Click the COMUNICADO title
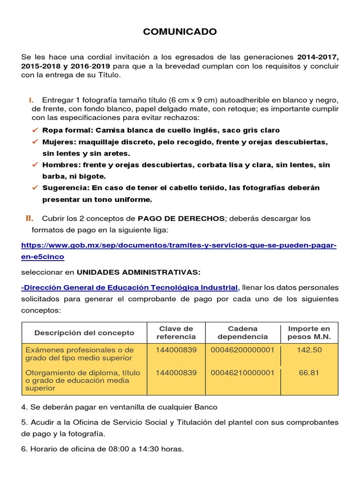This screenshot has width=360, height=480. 180,32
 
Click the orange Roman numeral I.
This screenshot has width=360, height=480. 30,100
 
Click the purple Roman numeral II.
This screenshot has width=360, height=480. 29,218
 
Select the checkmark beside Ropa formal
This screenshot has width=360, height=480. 34,130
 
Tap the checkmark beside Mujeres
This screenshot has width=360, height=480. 34,142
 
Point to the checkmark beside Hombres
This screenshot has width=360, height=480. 34,165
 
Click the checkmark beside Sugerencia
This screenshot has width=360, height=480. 34,187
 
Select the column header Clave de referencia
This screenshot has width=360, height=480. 176,332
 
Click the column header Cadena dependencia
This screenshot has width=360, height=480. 242,332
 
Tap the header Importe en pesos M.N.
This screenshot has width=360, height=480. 309,332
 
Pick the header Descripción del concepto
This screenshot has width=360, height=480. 84,333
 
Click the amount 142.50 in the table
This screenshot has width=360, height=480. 309,350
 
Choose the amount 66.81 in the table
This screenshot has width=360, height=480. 309,373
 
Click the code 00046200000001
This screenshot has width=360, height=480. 242,350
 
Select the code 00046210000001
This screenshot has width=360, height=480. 242,373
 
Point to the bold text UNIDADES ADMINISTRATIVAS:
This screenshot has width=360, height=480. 138,272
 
